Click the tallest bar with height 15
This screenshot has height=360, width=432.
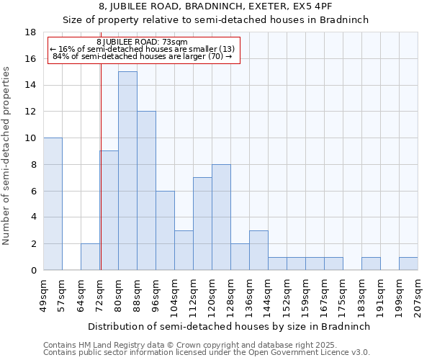pos(127,171)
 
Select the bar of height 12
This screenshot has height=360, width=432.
pos(146,191)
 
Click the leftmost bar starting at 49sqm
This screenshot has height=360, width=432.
pos(53,204)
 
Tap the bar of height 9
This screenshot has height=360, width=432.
pos(109,210)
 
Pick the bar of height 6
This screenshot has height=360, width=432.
pos(165,230)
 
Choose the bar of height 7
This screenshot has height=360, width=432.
pos(202,224)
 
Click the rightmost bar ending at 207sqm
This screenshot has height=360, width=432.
pos(408,264)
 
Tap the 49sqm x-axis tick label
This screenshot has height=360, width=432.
pos(44,292)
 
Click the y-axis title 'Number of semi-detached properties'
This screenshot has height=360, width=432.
pos(7,156)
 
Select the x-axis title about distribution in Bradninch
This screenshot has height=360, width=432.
pos(231,326)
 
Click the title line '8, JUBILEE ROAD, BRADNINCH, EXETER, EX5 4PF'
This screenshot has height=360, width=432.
pos(215,6)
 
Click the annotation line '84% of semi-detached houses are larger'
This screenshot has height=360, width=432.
pos(142,56)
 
